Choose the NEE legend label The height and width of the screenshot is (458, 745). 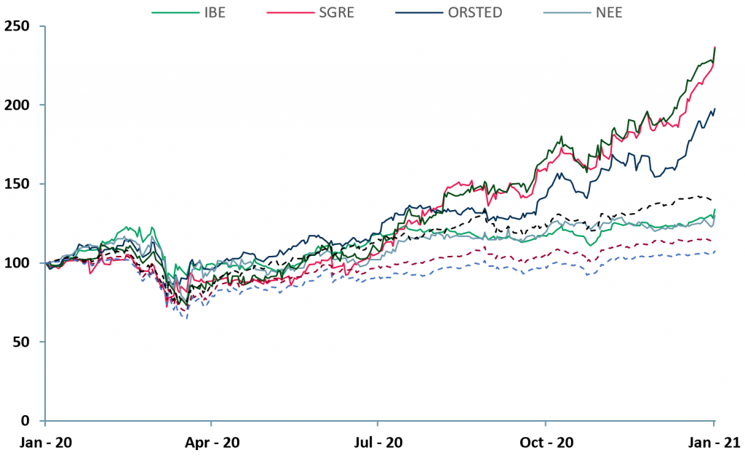(x=613, y=13)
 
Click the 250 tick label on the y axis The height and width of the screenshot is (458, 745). (x=25, y=26)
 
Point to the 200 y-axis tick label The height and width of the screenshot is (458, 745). (x=25, y=105)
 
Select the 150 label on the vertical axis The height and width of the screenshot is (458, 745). (x=25, y=184)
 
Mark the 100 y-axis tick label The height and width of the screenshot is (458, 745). (x=25, y=262)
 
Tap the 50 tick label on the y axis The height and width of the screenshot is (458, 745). (x=28, y=342)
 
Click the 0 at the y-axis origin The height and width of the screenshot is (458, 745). (x=31, y=421)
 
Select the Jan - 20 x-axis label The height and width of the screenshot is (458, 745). (x=45, y=442)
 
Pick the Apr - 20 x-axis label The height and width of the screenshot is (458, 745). (x=212, y=442)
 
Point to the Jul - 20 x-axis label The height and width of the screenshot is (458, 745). (x=378, y=442)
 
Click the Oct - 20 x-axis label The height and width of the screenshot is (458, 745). (x=546, y=442)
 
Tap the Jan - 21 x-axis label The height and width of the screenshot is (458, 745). (x=714, y=442)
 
